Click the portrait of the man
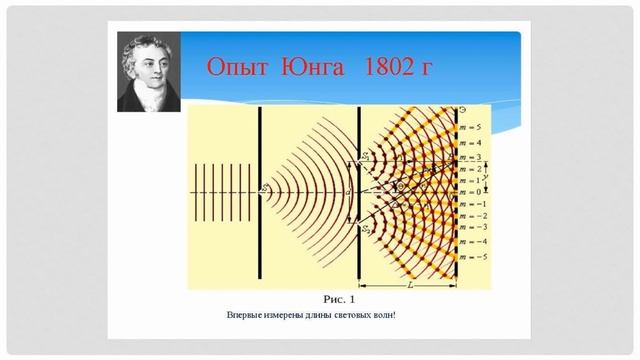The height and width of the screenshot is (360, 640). click(147, 72)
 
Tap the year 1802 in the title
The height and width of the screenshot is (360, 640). click(396, 68)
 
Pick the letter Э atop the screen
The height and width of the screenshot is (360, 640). click(459, 108)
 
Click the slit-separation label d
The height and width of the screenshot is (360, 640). click(347, 191)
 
